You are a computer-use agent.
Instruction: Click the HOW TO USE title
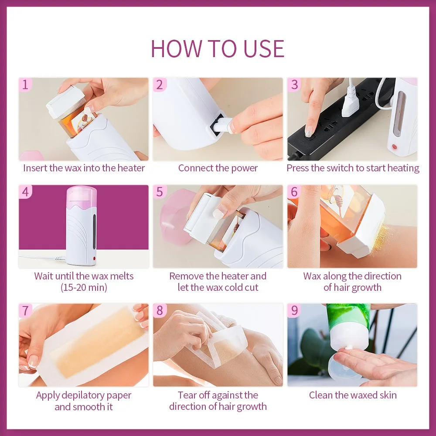click(x=218, y=48)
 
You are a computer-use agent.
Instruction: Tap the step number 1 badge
click(x=25, y=85)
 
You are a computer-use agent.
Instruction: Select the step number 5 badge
click(x=160, y=192)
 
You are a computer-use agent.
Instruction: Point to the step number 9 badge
click(x=295, y=310)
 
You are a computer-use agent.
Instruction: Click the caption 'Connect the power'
click(x=218, y=168)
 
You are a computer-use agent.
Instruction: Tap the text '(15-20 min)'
click(x=84, y=288)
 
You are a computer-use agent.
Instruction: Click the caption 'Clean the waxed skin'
click(x=353, y=395)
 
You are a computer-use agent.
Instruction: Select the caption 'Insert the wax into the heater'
click(x=84, y=168)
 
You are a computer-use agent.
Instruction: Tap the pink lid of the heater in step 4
click(x=82, y=193)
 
